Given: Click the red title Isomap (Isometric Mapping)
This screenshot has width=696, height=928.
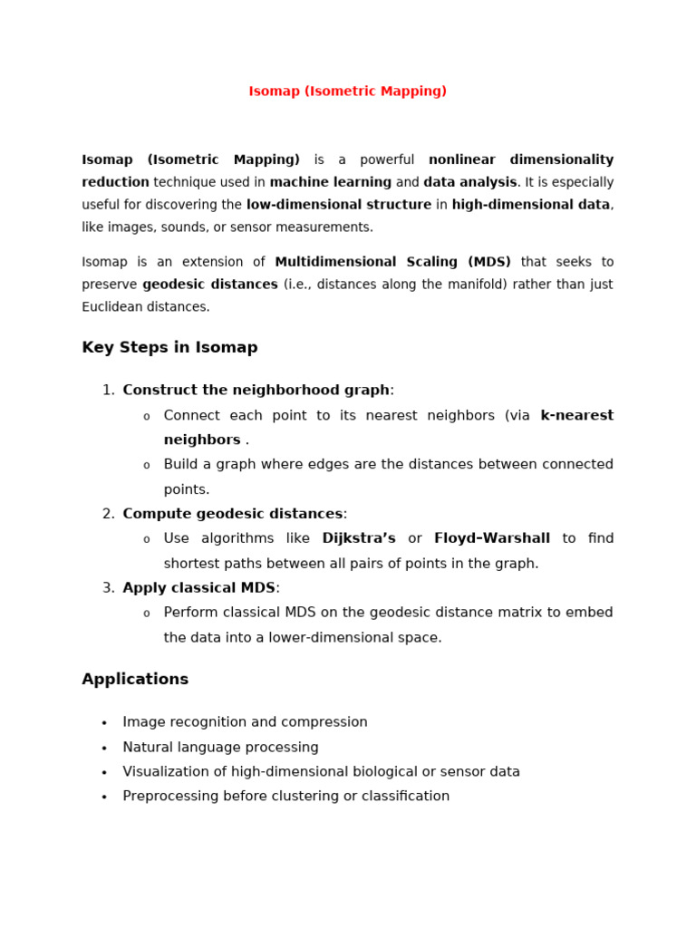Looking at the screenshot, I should (347, 92).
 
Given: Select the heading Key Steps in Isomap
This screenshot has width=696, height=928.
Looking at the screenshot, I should (169, 348).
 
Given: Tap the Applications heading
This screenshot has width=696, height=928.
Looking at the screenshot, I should (135, 680).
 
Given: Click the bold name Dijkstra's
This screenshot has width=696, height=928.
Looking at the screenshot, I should (359, 538).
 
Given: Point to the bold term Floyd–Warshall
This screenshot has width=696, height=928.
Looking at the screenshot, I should (491, 538).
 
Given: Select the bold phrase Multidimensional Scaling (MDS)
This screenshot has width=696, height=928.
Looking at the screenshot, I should (392, 262).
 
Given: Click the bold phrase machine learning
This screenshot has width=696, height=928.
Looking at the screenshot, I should (331, 182).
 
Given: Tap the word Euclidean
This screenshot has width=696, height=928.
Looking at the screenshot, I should (114, 307).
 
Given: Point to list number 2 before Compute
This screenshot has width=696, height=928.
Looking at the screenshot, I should (108, 514).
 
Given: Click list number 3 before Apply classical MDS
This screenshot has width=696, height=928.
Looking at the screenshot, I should (108, 588).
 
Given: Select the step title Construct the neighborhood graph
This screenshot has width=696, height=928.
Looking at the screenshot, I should (256, 391).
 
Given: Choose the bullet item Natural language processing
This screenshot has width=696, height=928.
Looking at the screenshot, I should (220, 748).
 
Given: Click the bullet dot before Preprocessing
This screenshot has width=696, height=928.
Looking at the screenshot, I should (104, 797).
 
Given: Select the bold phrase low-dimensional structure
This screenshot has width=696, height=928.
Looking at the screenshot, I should (338, 205).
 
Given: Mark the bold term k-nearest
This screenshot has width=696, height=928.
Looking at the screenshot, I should (576, 416).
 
